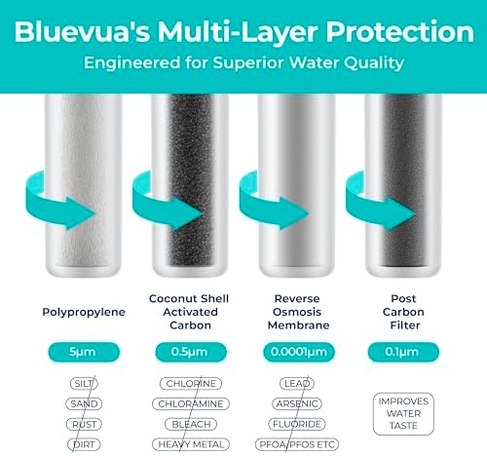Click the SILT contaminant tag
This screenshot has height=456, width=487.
click(83, 384)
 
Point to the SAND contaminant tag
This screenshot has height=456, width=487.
click(83, 403)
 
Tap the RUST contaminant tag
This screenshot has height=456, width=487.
click(83, 424)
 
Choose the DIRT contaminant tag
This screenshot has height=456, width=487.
click(83, 443)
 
